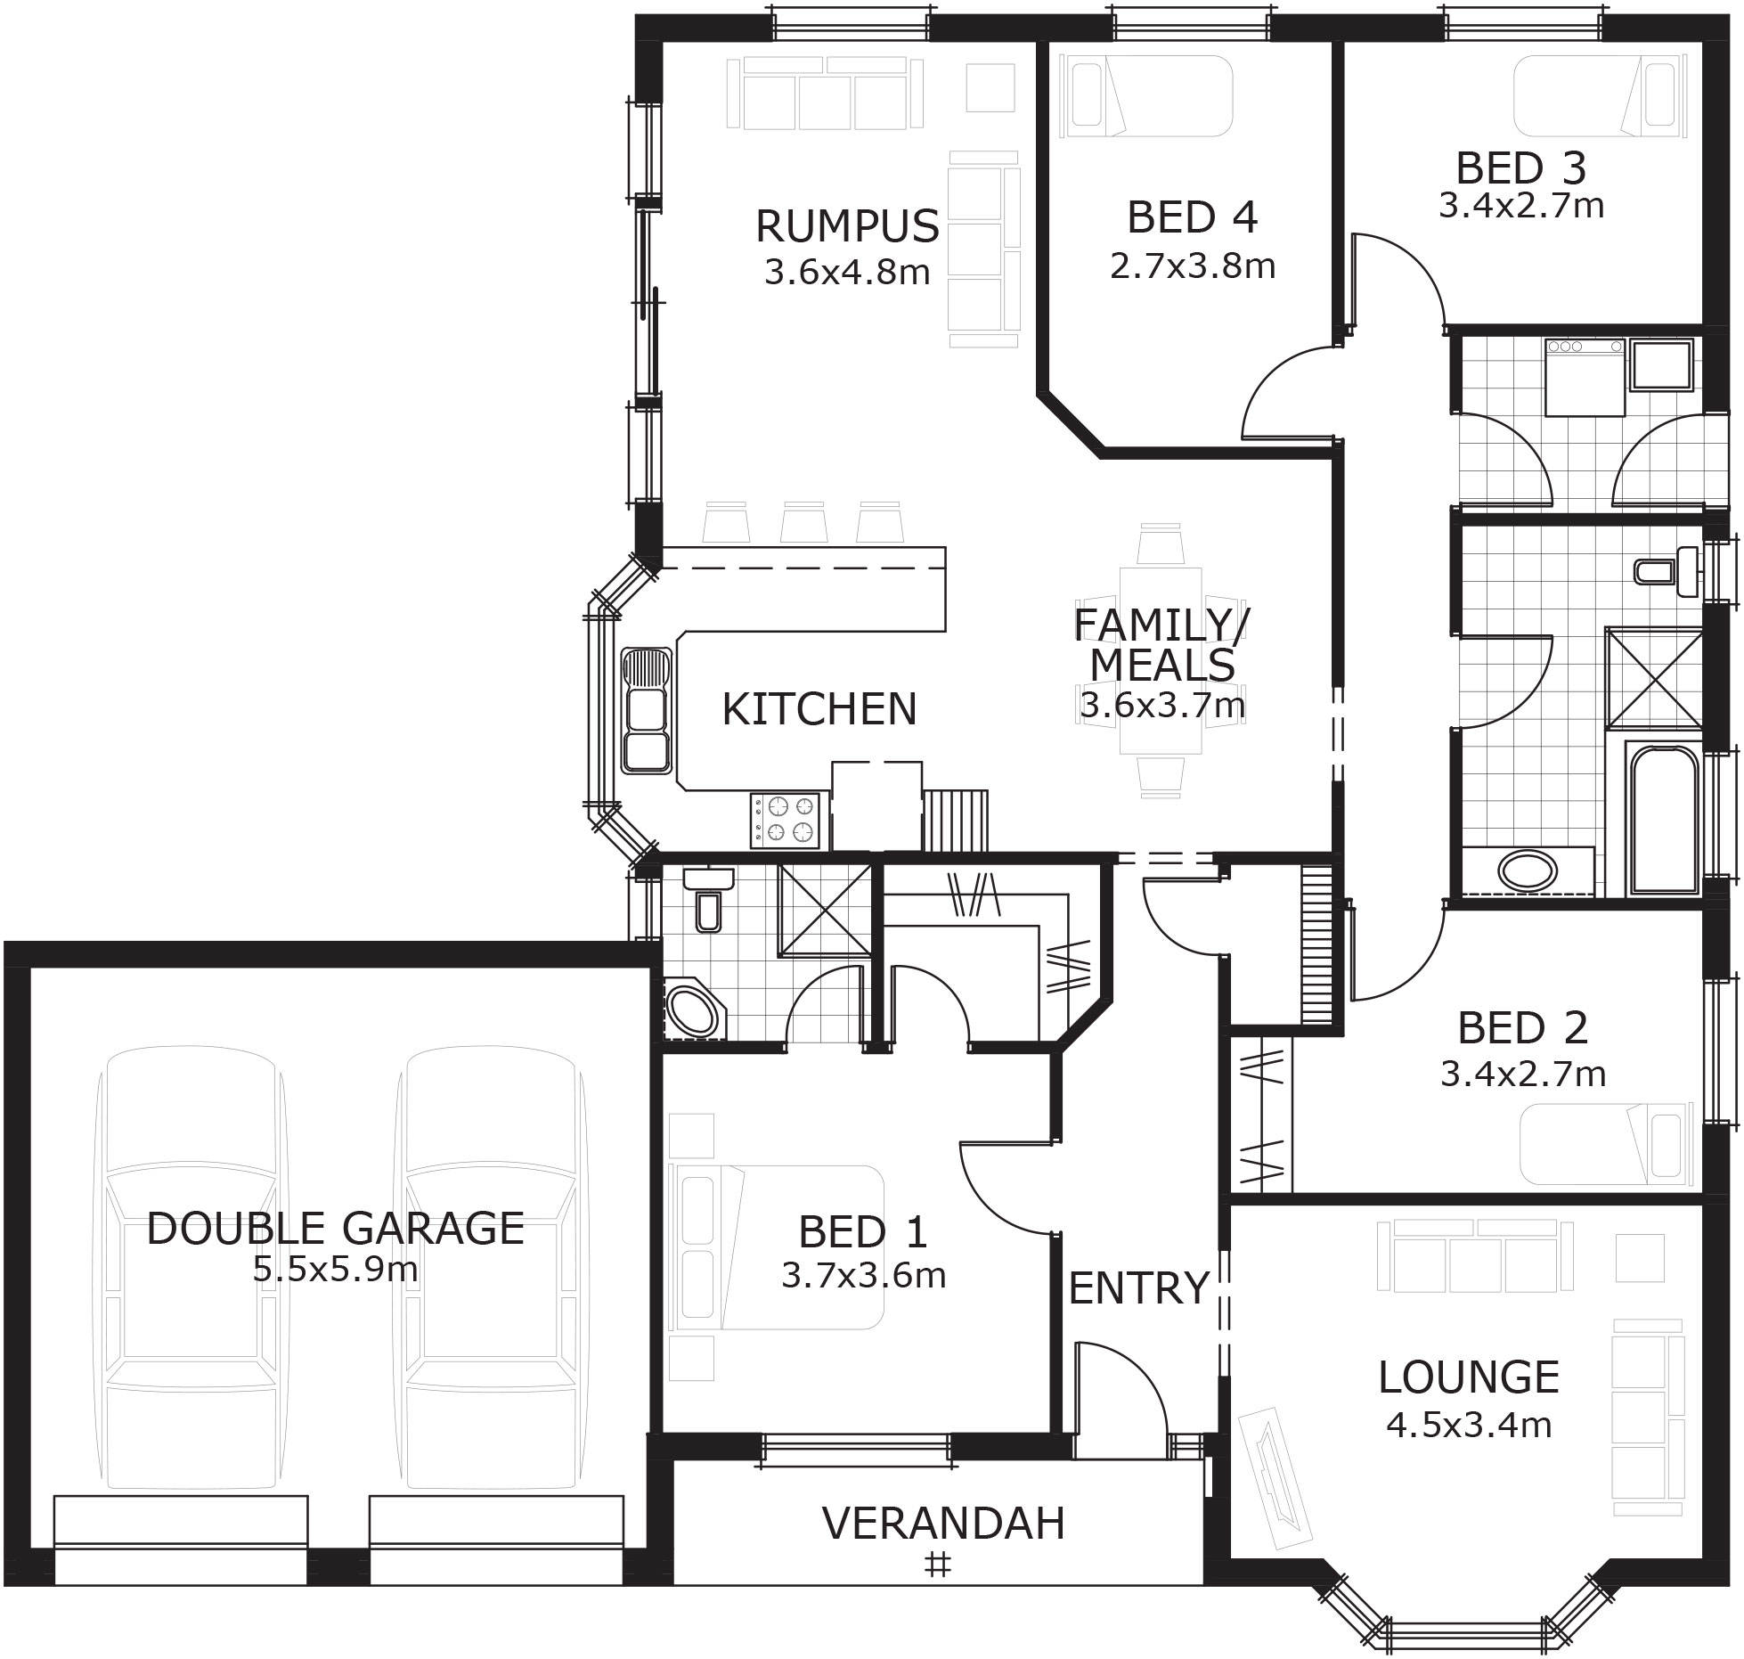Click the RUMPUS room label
[847, 226]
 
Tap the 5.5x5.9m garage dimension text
[336, 1269]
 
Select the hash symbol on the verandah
[936, 1565]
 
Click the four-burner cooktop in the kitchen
[785, 820]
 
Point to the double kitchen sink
[647, 710]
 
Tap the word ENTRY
[1138, 1287]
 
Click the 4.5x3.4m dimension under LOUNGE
[1469, 1425]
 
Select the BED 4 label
[1192, 218]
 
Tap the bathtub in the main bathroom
[1662, 817]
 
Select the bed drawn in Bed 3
[1600, 96]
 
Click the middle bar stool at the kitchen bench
[802, 523]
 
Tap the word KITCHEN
[819, 709]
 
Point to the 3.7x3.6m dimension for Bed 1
[863, 1276]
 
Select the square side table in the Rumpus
[990, 87]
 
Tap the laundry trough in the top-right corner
[1661, 365]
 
